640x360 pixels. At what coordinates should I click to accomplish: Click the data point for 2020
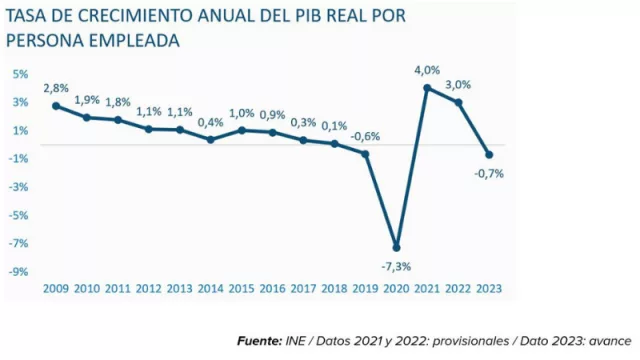coord(397,248)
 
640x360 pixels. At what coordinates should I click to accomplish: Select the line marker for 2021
coord(427,88)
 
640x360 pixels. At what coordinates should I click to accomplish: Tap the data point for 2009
coord(56,105)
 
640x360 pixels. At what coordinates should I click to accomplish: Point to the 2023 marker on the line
coord(489,155)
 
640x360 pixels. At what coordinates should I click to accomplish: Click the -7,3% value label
coord(397,265)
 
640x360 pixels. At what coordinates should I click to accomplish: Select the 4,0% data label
coord(427,70)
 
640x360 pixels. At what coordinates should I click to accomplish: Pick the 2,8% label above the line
coord(55,88)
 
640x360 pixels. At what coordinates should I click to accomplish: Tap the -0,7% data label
coord(489,173)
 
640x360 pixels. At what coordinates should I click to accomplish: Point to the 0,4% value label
coord(211,123)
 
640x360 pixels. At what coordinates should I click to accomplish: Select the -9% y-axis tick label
coord(19,271)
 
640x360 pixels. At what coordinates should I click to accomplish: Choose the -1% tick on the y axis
coord(19,158)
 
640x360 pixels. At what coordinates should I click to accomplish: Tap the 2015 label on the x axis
coord(242,287)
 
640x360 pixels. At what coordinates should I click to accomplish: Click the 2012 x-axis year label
coord(149,287)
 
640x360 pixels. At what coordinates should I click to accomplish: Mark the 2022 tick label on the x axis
coord(458,287)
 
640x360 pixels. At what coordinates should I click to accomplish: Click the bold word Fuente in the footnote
coord(258,341)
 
